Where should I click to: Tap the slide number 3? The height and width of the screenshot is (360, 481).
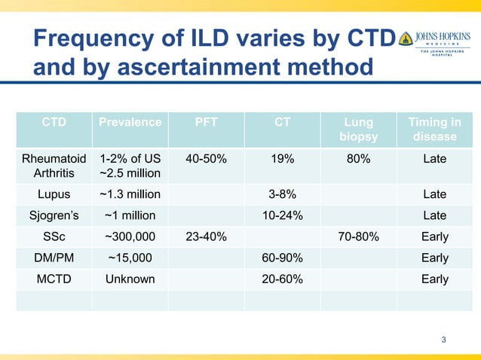[x=443, y=340]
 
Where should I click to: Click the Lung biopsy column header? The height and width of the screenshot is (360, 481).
[x=358, y=130]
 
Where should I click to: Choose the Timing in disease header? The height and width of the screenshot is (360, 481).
[x=434, y=130]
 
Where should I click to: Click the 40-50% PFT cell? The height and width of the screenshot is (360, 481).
[x=206, y=160]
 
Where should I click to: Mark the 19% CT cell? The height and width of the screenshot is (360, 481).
[x=282, y=160]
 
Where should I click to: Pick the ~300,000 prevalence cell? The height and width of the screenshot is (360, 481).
[x=130, y=236]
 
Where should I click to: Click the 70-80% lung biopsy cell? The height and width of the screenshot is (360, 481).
[x=358, y=236]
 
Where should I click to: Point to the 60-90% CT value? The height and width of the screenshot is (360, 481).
[x=282, y=258]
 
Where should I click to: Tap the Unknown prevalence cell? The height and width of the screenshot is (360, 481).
[x=130, y=279]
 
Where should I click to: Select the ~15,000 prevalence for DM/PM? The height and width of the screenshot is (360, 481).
[x=130, y=258]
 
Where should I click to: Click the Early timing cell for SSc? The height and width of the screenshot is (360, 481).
[x=434, y=236]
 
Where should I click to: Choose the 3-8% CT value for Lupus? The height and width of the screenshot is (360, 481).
[x=282, y=194]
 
